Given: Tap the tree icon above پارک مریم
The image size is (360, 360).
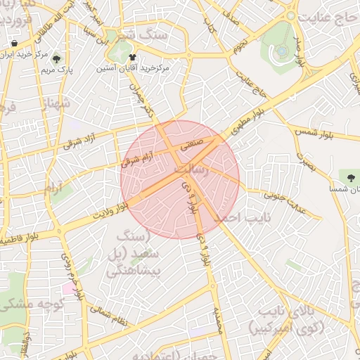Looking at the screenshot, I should tap(56, 58).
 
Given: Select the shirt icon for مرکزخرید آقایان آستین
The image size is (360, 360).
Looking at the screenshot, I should tap(132, 57).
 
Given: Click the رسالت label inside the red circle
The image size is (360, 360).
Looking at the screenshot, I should tap(191, 169).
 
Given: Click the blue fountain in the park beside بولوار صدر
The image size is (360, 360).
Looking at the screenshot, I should tap(282, 50).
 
